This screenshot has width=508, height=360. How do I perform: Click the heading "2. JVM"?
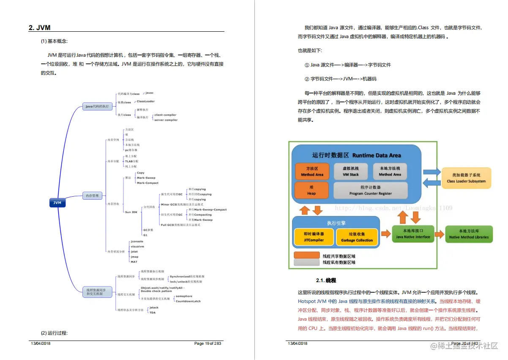(40, 28)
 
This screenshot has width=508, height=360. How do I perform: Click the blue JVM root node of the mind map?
(57, 203)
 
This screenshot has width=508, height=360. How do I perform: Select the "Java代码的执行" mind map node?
(97, 106)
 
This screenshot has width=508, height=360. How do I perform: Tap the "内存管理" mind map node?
(92, 195)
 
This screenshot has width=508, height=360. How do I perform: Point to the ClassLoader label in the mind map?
(145, 102)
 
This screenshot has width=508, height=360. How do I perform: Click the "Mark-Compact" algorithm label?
(147, 183)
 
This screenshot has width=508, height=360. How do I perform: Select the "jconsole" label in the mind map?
(137, 242)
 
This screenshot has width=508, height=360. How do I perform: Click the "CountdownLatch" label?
(188, 301)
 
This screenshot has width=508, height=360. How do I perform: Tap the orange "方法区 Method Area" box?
(312, 171)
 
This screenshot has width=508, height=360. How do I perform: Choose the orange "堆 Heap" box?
(311, 190)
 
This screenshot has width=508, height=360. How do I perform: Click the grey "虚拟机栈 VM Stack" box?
(351, 171)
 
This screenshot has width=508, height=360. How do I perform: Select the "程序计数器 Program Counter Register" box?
(370, 190)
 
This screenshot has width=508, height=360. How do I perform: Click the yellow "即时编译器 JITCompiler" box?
(314, 237)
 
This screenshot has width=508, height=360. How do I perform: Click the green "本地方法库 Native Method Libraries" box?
(468, 234)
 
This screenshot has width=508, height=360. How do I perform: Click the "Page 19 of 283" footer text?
(208, 343)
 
